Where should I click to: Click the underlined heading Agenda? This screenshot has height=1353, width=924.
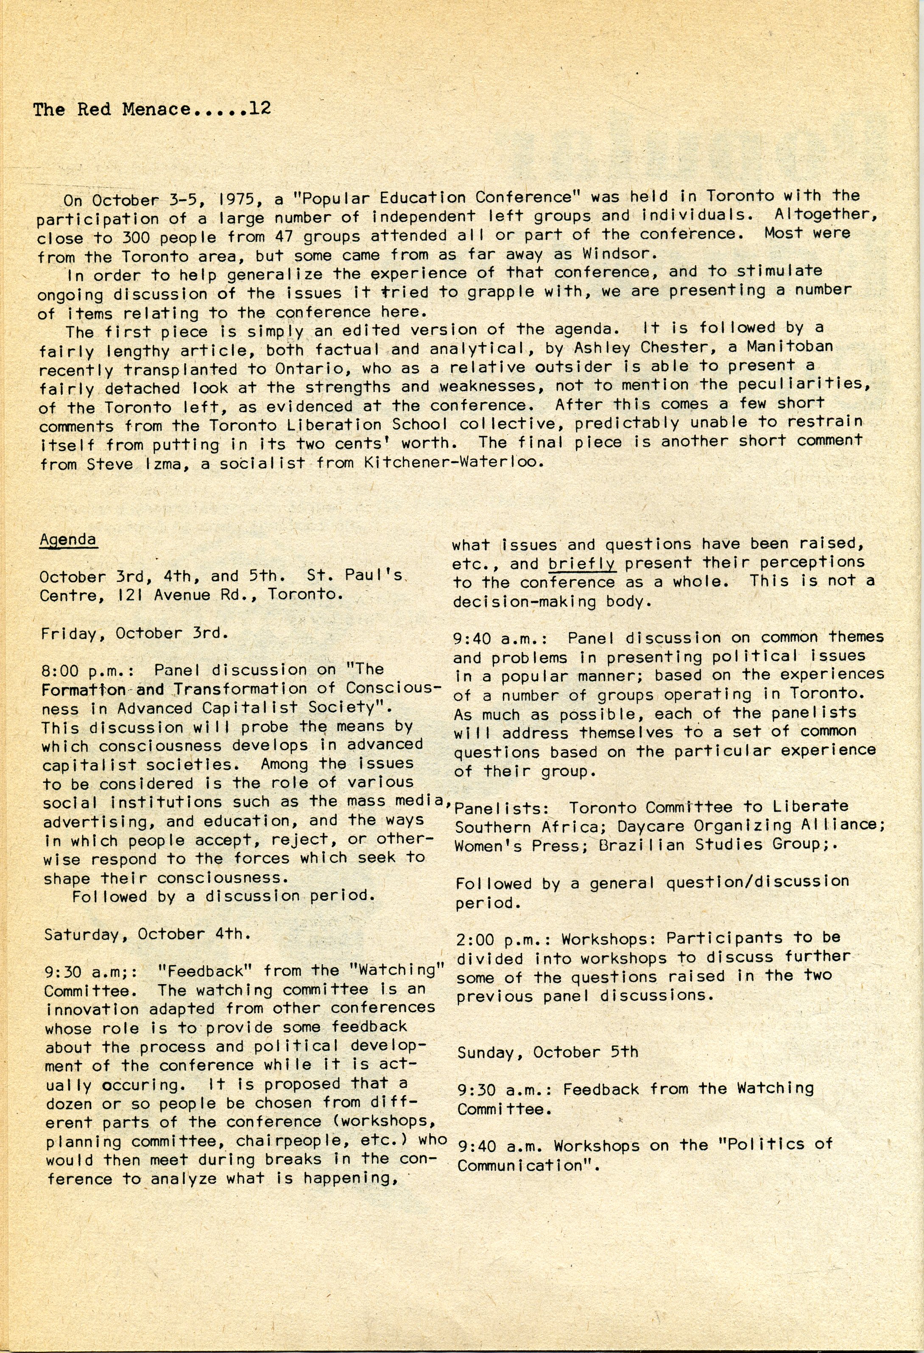point(67,540)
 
